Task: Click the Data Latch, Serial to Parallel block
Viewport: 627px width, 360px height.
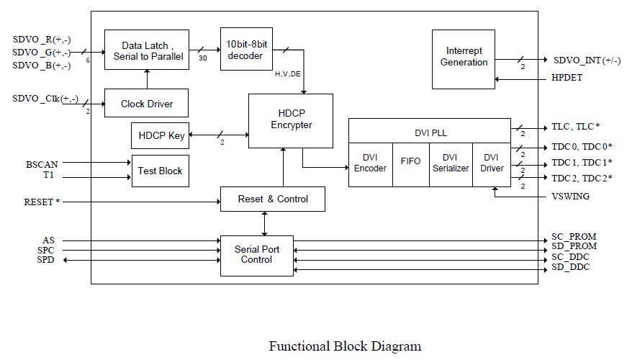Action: (148, 50)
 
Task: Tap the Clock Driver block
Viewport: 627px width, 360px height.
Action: (147, 104)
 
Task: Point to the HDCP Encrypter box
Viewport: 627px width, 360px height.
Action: (292, 120)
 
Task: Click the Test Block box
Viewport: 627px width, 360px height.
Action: (160, 171)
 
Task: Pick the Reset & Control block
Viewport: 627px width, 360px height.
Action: (272, 199)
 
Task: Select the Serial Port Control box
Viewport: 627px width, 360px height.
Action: (257, 255)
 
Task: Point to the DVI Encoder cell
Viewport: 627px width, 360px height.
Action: (370, 163)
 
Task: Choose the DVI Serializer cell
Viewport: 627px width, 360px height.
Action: (450, 163)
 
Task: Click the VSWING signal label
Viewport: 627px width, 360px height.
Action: (570, 196)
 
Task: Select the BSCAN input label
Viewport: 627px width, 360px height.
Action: (41, 164)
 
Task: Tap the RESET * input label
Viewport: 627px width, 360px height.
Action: (42, 202)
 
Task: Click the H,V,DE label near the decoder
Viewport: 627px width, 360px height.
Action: (287, 73)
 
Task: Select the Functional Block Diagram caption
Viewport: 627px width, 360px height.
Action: (345, 346)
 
